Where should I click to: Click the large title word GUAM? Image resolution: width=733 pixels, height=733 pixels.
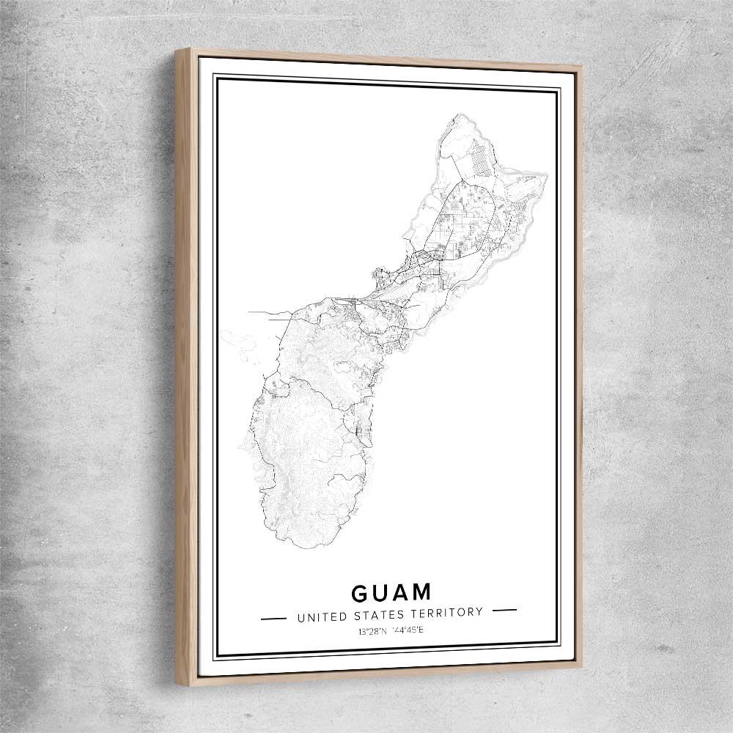391,592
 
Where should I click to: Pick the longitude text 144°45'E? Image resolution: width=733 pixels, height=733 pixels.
406,630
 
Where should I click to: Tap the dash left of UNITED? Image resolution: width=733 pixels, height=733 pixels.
273,618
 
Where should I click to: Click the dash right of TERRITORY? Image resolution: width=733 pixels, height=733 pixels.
504,610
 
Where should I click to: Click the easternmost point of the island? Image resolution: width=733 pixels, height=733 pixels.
546,175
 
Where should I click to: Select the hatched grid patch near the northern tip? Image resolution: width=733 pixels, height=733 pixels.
477,157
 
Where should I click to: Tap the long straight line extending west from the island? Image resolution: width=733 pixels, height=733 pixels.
268,313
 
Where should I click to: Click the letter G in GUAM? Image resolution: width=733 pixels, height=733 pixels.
361,593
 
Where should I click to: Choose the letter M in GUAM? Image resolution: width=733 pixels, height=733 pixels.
421,592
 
